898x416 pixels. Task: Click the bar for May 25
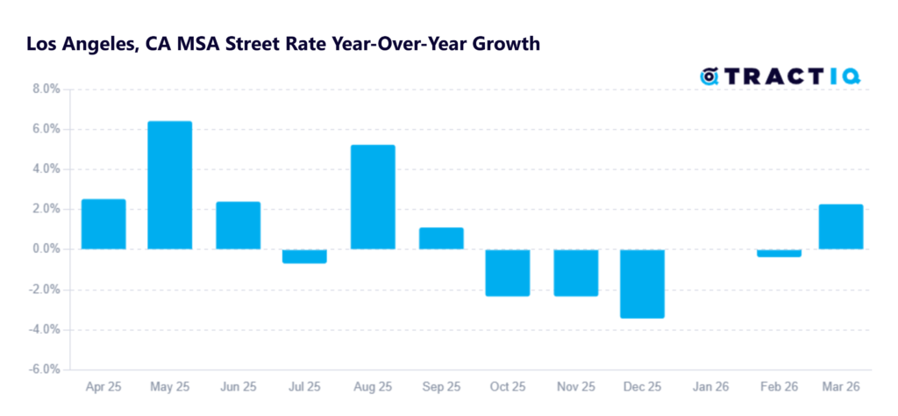(x=170, y=185)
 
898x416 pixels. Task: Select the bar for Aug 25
(x=373, y=197)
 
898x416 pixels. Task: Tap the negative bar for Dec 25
(x=643, y=283)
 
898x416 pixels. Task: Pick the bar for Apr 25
(x=103, y=225)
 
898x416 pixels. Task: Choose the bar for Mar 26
(x=841, y=227)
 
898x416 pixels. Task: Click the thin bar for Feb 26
(x=779, y=253)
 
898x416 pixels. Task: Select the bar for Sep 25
(x=441, y=239)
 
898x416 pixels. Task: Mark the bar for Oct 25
(x=508, y=272)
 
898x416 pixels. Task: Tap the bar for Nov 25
(x=575, y=272)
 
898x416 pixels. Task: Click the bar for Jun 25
(x=238, y=226)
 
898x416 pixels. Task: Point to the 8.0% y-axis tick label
(x=43, y=89)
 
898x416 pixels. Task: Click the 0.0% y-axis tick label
(x=43, y=249)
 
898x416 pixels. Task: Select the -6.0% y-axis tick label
(x=41, y=369)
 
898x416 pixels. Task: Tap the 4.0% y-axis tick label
(x=43, y=169)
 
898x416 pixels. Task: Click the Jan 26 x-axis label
(x=711, y=387)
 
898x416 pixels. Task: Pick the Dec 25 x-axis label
(x=643, y=387)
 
